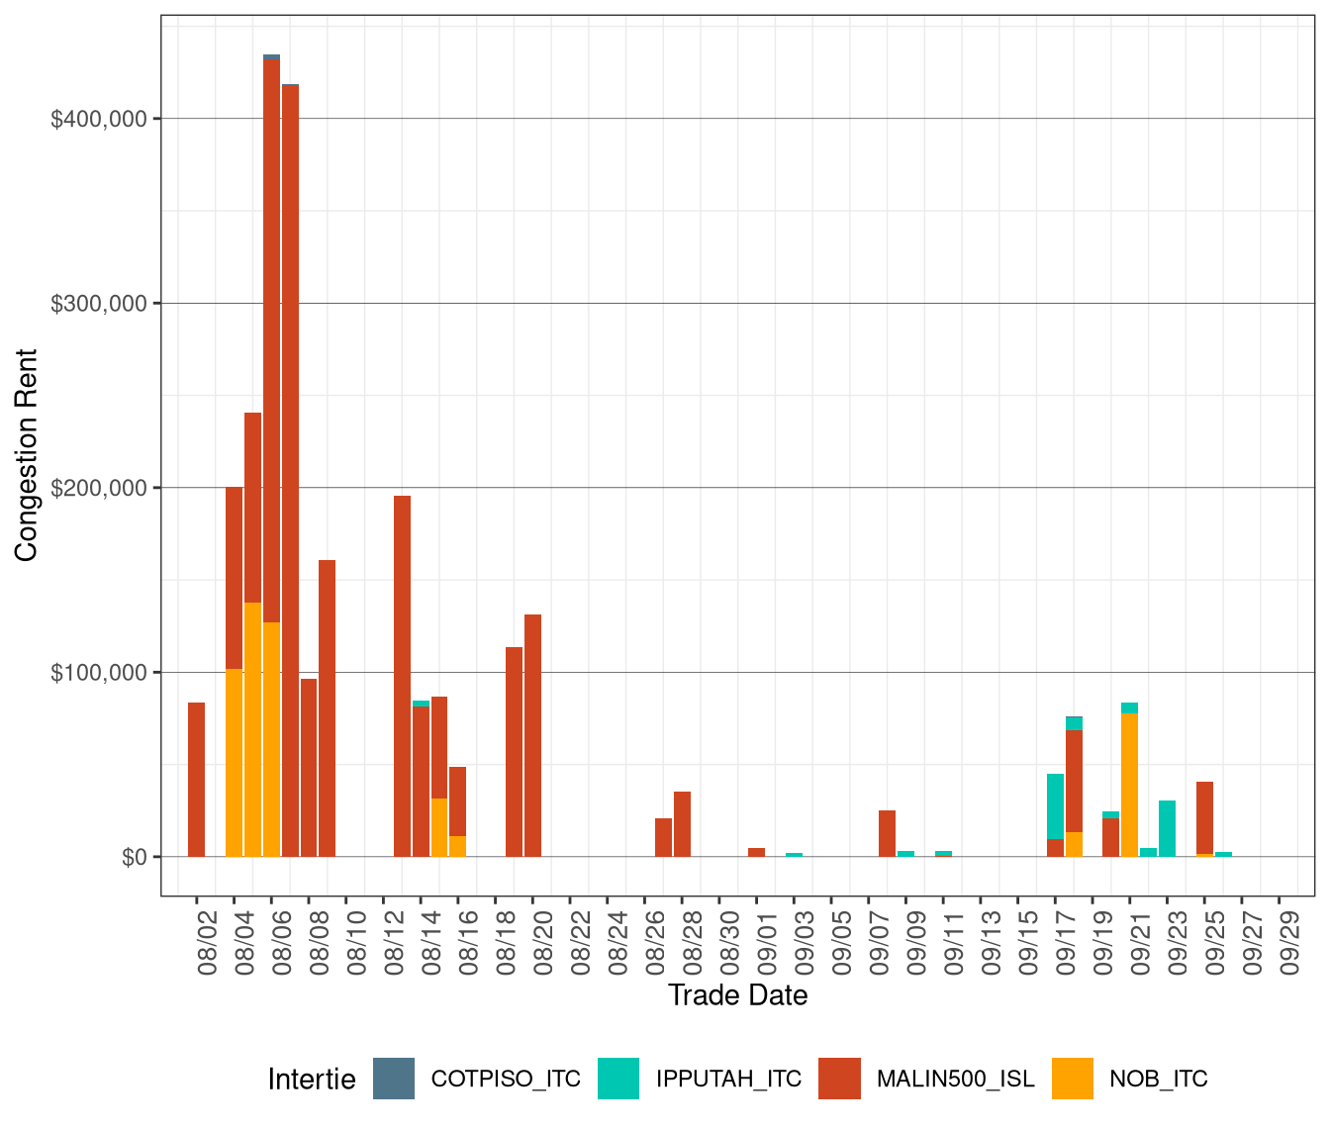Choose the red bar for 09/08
(x=887, y=833)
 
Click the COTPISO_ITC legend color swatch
(x=394, y=1079)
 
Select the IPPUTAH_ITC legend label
(x=728, y=1079)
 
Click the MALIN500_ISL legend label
(x=955, y=1079)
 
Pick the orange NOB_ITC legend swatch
(x=1073, y=1079)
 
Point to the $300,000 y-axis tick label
(x=98, y=304)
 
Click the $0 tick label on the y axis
(x=135, y=857)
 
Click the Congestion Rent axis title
(x=27, y=455)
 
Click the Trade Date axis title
(x=737, y=995)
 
